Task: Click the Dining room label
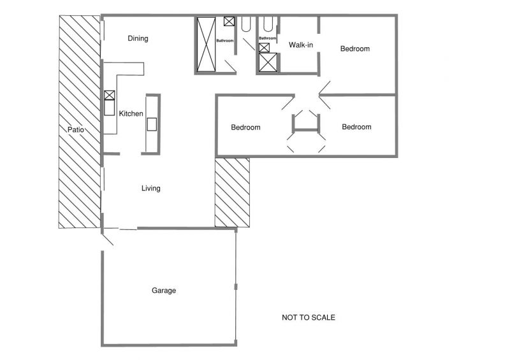[138, 38]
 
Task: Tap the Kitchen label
[131, 113]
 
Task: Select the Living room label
[150, 189]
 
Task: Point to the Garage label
[164, 291]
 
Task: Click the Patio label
[75, 129]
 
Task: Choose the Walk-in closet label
[301, 45]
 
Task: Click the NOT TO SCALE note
[309, 317]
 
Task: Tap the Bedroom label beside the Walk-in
[355, 49]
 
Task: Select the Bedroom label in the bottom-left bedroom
[245, 127]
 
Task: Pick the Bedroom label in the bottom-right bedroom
[356, 127]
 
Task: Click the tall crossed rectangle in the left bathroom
[206, 44]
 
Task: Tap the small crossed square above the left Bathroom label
[229, 22]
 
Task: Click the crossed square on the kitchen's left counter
[110, 96]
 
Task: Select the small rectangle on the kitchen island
[152, 124]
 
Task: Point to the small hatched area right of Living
[232, 192]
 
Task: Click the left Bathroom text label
[225, 41]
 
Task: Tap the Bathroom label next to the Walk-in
[267, 38]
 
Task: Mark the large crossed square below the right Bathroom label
[268, 62]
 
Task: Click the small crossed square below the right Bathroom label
[264, 48]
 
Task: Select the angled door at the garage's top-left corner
[107, 240]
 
